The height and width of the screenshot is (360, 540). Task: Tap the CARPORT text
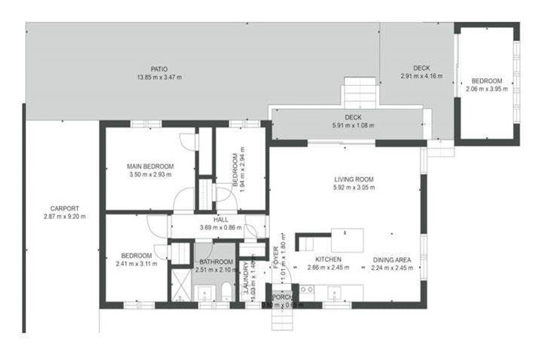65,208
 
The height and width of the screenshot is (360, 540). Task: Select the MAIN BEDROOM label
150,166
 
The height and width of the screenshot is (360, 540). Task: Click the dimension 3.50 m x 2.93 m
150,174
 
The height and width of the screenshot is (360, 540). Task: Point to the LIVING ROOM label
354,179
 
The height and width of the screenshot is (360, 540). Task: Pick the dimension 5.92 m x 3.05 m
354,187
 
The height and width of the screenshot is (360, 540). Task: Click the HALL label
221,219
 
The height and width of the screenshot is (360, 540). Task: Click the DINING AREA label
392,258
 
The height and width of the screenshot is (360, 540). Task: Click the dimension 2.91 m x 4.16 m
422,76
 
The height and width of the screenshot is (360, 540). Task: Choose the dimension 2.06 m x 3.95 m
487,89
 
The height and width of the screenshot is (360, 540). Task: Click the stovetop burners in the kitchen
307,289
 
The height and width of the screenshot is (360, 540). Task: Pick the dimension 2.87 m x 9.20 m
65,217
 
